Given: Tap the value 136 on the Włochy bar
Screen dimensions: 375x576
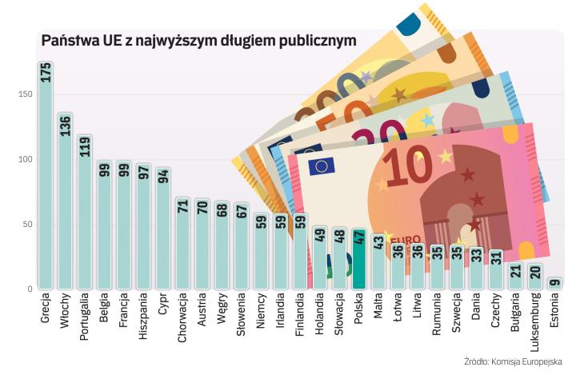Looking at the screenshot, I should coord(66,126).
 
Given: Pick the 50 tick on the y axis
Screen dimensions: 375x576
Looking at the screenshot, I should coord(26,225).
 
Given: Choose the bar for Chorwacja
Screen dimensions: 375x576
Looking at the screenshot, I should coord(182,244).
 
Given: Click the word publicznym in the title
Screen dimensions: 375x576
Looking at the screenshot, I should coord(310,40).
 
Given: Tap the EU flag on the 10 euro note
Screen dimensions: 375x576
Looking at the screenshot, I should coord(322,166).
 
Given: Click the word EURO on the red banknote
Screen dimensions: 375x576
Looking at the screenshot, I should coord(406,239).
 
